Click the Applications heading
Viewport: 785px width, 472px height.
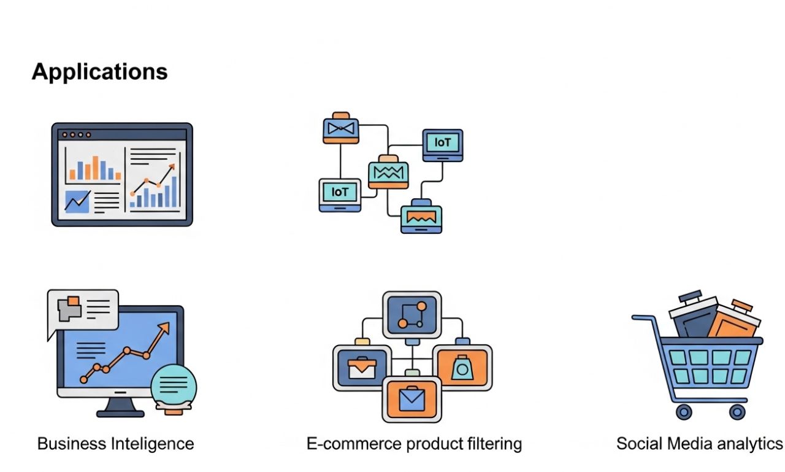(x=99, y=72)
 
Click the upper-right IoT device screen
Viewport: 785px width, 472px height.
(x=442, y=143)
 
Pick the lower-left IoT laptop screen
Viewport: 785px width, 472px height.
(x=340, y=192)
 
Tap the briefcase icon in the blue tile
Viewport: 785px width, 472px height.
(x=362, y=368)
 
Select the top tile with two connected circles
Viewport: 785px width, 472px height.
(x=412, y=314)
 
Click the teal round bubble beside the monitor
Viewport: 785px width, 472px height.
(x=174, y=384)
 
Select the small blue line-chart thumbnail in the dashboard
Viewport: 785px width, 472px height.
(x=77, y=201)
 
